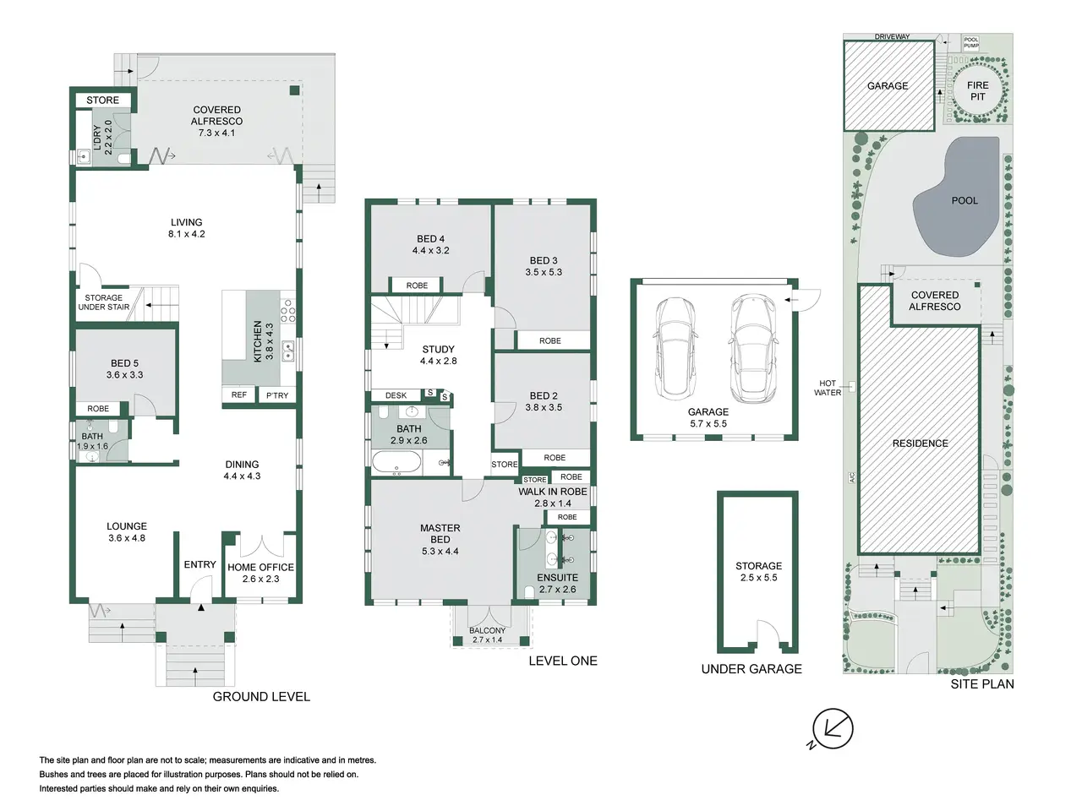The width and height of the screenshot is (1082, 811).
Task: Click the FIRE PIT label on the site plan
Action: [977, 91]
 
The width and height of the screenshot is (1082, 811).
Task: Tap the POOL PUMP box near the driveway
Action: [970, 42]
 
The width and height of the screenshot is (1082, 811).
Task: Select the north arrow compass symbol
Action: [832, 730]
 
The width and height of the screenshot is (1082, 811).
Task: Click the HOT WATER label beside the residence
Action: [828, 388]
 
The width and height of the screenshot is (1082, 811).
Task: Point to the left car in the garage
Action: [675, 348]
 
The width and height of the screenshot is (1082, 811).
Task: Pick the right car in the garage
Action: [751, 348]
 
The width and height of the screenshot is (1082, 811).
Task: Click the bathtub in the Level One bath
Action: [396, 462]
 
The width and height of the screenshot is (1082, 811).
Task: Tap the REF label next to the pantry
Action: [239, 395]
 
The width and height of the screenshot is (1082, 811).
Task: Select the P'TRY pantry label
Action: [277, 395]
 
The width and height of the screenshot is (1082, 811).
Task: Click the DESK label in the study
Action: [396, 395]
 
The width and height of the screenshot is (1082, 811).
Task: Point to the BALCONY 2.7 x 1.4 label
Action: [487, 635]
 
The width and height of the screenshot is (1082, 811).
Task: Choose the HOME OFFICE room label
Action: [260, 567]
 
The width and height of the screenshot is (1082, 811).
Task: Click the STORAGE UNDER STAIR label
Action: [103, 302]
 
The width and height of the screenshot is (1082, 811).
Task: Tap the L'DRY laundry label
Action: [96, 138]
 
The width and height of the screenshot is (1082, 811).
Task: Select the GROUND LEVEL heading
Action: [261, 697]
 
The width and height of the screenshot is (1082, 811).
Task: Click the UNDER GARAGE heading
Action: [751, 669]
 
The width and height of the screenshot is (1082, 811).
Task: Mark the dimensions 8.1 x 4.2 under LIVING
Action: [186, 234]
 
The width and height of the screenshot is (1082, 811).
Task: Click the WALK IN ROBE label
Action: [553, 492]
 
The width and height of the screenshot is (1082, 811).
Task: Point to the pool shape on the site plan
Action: [956, 196]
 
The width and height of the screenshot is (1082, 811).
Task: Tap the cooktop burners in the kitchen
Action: [288, 311]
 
